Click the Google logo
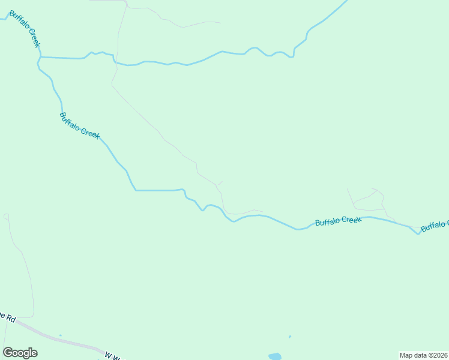pyautogui.click(x=20, y=353)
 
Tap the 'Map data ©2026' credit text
pyautogui.click(x=423, y=355)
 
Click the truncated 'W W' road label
pyautogui.click(x=113, y=356)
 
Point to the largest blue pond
pyautogui.click(x=274, y=356)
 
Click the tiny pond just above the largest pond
pyautogui.click(x=290, y=337)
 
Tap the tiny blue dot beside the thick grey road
pyautogui.click(x=61, y=335)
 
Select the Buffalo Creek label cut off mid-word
pyautogui.click(x=434, y=226)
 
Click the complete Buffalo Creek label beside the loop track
pyautogui.click(x=338, y=221)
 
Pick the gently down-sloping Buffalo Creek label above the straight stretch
pyautogui.click(x=79, y=125)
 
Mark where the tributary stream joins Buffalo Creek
pyautogui.click(x=40, y=57)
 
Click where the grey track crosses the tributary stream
pyautogui.click(x=116, y=62)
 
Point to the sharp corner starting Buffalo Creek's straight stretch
pyautogui.click(x=136, y=190)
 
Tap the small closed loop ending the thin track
pyautogui.click(x=6, y=216)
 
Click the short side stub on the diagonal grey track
pyautogui.click(x=220, y=182)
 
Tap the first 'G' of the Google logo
pyautogui.click(x=8, y=352)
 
